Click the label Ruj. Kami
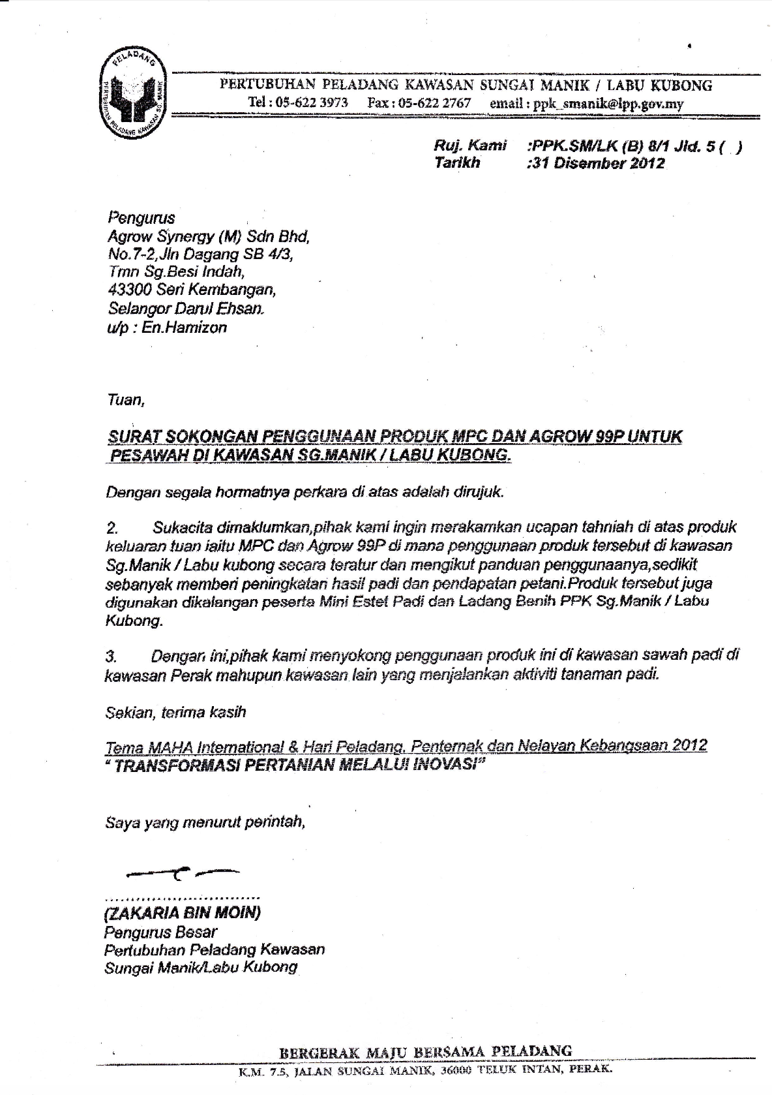[469, 146]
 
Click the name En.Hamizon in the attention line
[184, 328]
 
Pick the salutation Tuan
[125, 399]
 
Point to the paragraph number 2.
[111, 528]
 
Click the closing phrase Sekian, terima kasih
[176, 712]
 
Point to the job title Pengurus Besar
[160, 932]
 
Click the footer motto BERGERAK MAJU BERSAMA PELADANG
[425, 1051]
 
